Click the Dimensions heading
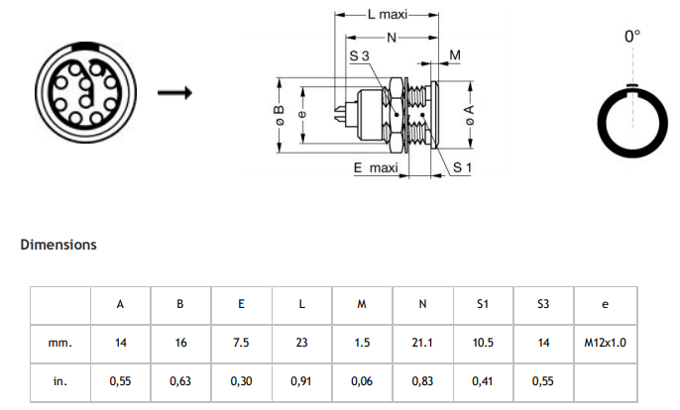click(x=58, y=244)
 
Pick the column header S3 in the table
click(x=543, y=304)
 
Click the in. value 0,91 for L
click(x=301, y=380)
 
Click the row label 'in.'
click(x=60, y=380)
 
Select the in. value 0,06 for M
click(x=362, y=380)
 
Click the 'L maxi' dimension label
click(x=387, y=16)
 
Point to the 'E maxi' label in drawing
click(x=375, y=168)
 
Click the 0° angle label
click(x=632, y=37)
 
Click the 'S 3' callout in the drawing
click(x=359, y=57)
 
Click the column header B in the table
click(x=179, y=304)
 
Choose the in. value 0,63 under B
click(x=179, y=380)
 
